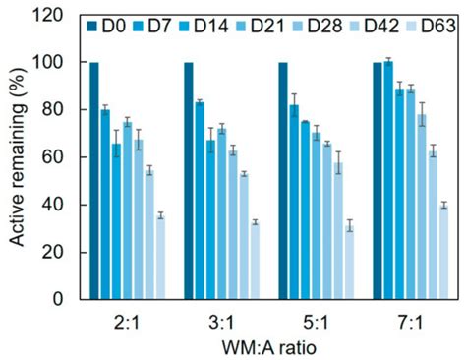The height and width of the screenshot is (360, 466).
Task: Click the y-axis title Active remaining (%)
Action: [x=19, y=157]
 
